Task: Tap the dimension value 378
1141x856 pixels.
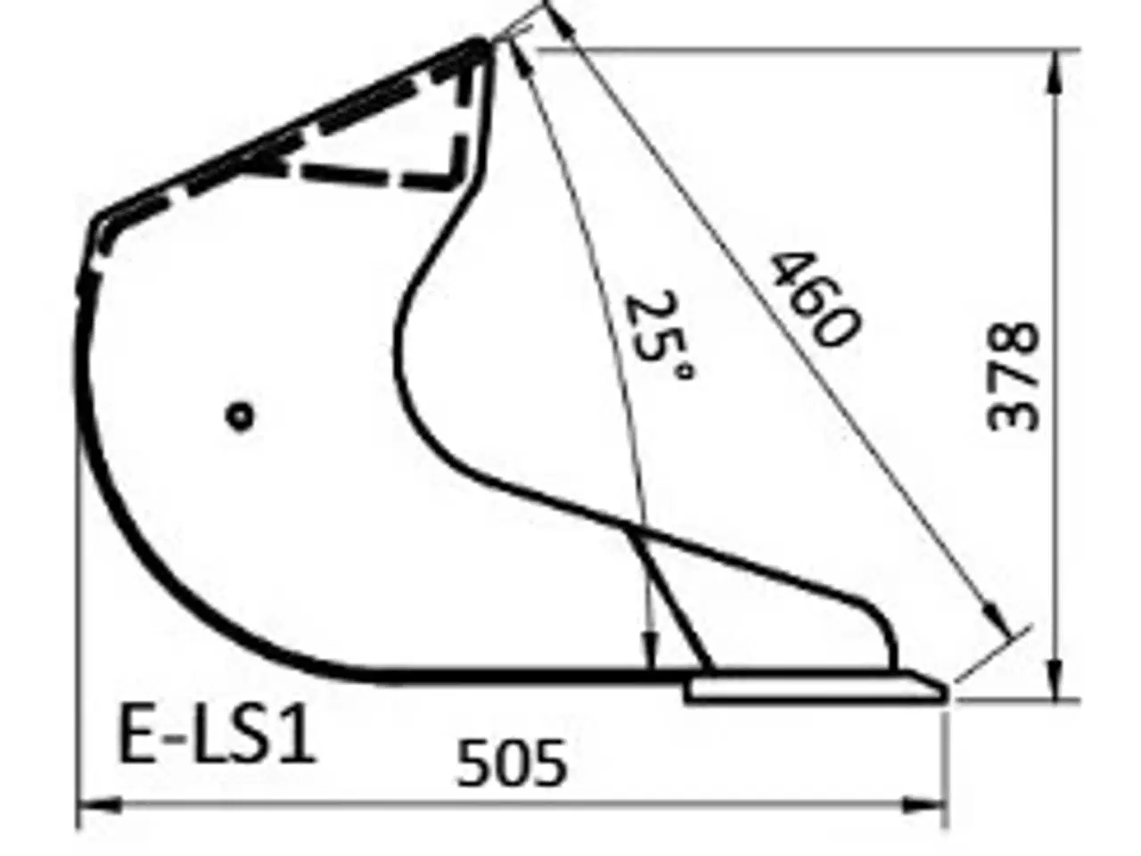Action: pyautogui.click(x=1014, y=376)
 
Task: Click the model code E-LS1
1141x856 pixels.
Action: pyautogui.click(x=217, y=736)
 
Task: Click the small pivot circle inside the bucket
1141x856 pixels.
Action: pyautogui.click(x=240, y=416)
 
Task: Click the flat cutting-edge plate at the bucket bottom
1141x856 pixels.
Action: pyautogui.click(x=811, y=689)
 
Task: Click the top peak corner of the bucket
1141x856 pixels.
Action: pyautogui.click(x=481, y=45)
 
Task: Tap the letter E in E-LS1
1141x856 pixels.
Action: pyautogui.click(x=136, y=736)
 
